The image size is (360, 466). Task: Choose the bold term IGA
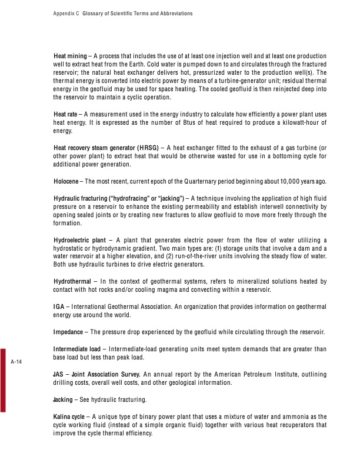[x=59, y=307]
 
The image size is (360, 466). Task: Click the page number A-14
[x=16, y=362]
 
